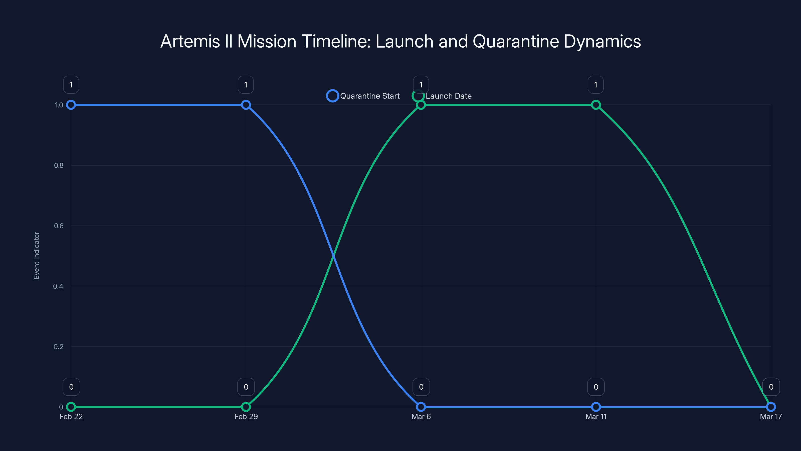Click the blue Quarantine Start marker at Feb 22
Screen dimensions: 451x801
[71, 105]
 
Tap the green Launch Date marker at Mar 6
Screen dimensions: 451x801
[421, 105]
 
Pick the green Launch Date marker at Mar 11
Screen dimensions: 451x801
[596, 105]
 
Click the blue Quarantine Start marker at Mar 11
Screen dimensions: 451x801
[596, 407]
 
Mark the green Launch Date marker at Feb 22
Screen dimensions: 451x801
[71, 407]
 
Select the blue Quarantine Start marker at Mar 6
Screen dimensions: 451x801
[421, 407]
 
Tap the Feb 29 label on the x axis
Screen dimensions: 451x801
[246, 417]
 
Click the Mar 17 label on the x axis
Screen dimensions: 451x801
[770, 417]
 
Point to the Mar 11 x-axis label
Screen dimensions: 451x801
[596, 417]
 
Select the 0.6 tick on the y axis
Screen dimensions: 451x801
[59, 226]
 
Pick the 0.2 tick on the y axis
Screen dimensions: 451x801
[59, 347]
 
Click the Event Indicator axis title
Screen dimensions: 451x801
[37, 256]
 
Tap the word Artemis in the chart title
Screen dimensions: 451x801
[190, 41]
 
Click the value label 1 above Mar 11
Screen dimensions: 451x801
[595, 85]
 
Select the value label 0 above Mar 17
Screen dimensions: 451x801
[771, 387]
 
